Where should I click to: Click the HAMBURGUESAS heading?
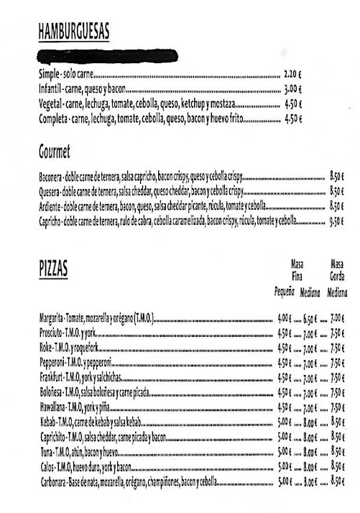point(74,31)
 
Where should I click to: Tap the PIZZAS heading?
point(54,269)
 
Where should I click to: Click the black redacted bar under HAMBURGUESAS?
point(108,56)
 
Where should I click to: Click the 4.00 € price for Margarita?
point(285,318)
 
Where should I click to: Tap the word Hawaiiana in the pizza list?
point(52,407)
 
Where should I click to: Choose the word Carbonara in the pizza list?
point(54,481)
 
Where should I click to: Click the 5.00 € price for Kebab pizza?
point(285,422)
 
